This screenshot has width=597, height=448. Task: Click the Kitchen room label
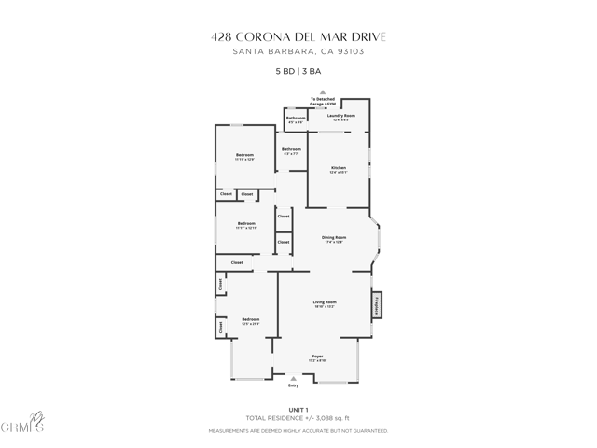point(338,168)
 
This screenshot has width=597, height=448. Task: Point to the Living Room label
point(324,302)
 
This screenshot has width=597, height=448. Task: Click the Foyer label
point(317,356)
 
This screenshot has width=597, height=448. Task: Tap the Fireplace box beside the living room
point(378,305)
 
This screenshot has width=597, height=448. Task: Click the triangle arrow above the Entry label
point(294,378)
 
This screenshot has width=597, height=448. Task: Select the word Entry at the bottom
point(294,385)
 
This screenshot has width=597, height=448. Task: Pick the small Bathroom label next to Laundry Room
point(296,119)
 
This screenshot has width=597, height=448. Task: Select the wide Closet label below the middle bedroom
point(237,262)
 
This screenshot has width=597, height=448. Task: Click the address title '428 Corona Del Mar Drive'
point(298,36)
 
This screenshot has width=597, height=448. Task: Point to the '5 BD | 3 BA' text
point(298,71)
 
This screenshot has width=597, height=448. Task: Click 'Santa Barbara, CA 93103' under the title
point(298,51)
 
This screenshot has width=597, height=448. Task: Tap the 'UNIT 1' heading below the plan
point(298,409)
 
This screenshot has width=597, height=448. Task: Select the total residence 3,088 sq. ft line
point(298,417)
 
